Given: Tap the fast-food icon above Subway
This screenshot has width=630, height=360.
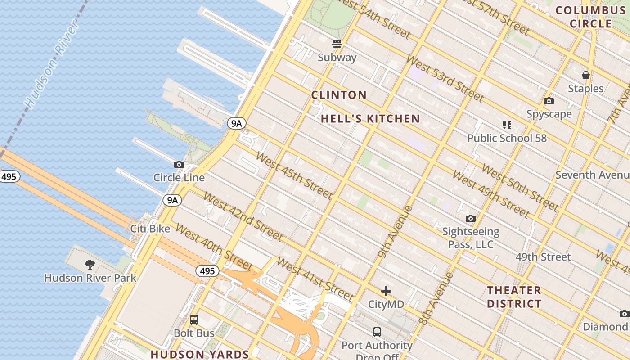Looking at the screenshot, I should point(337,44).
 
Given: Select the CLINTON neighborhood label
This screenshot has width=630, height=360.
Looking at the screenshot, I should point(339,95).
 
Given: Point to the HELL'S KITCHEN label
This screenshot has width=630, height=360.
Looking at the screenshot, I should point(370,119).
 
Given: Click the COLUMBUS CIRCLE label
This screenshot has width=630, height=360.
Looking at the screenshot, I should point(590,17).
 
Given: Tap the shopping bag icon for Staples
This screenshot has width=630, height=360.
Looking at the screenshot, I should point(585,75).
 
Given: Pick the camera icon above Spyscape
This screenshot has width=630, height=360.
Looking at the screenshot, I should point(549,101).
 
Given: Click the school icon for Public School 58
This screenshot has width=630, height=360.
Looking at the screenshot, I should point(507,125).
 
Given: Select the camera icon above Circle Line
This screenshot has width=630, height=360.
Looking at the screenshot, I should point(179,165).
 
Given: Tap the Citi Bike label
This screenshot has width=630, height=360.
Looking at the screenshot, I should point(150,229).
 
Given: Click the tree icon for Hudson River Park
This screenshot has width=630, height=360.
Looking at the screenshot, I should point(90,264).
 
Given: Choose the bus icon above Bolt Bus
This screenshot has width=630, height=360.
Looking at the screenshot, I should point(194,320).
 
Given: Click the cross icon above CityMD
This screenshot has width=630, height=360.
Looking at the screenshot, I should point(386,291).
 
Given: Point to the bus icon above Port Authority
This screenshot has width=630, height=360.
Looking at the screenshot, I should point(377,332).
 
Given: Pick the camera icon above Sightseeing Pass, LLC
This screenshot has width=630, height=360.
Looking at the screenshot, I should point(471,219).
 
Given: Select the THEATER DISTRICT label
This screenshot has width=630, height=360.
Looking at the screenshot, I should point(514,297).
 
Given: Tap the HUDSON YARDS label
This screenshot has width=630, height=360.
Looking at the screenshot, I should point(200,354).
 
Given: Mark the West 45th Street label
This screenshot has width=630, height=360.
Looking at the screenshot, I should point(294,175).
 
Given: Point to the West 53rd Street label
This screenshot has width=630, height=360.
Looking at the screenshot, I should point(445,78).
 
